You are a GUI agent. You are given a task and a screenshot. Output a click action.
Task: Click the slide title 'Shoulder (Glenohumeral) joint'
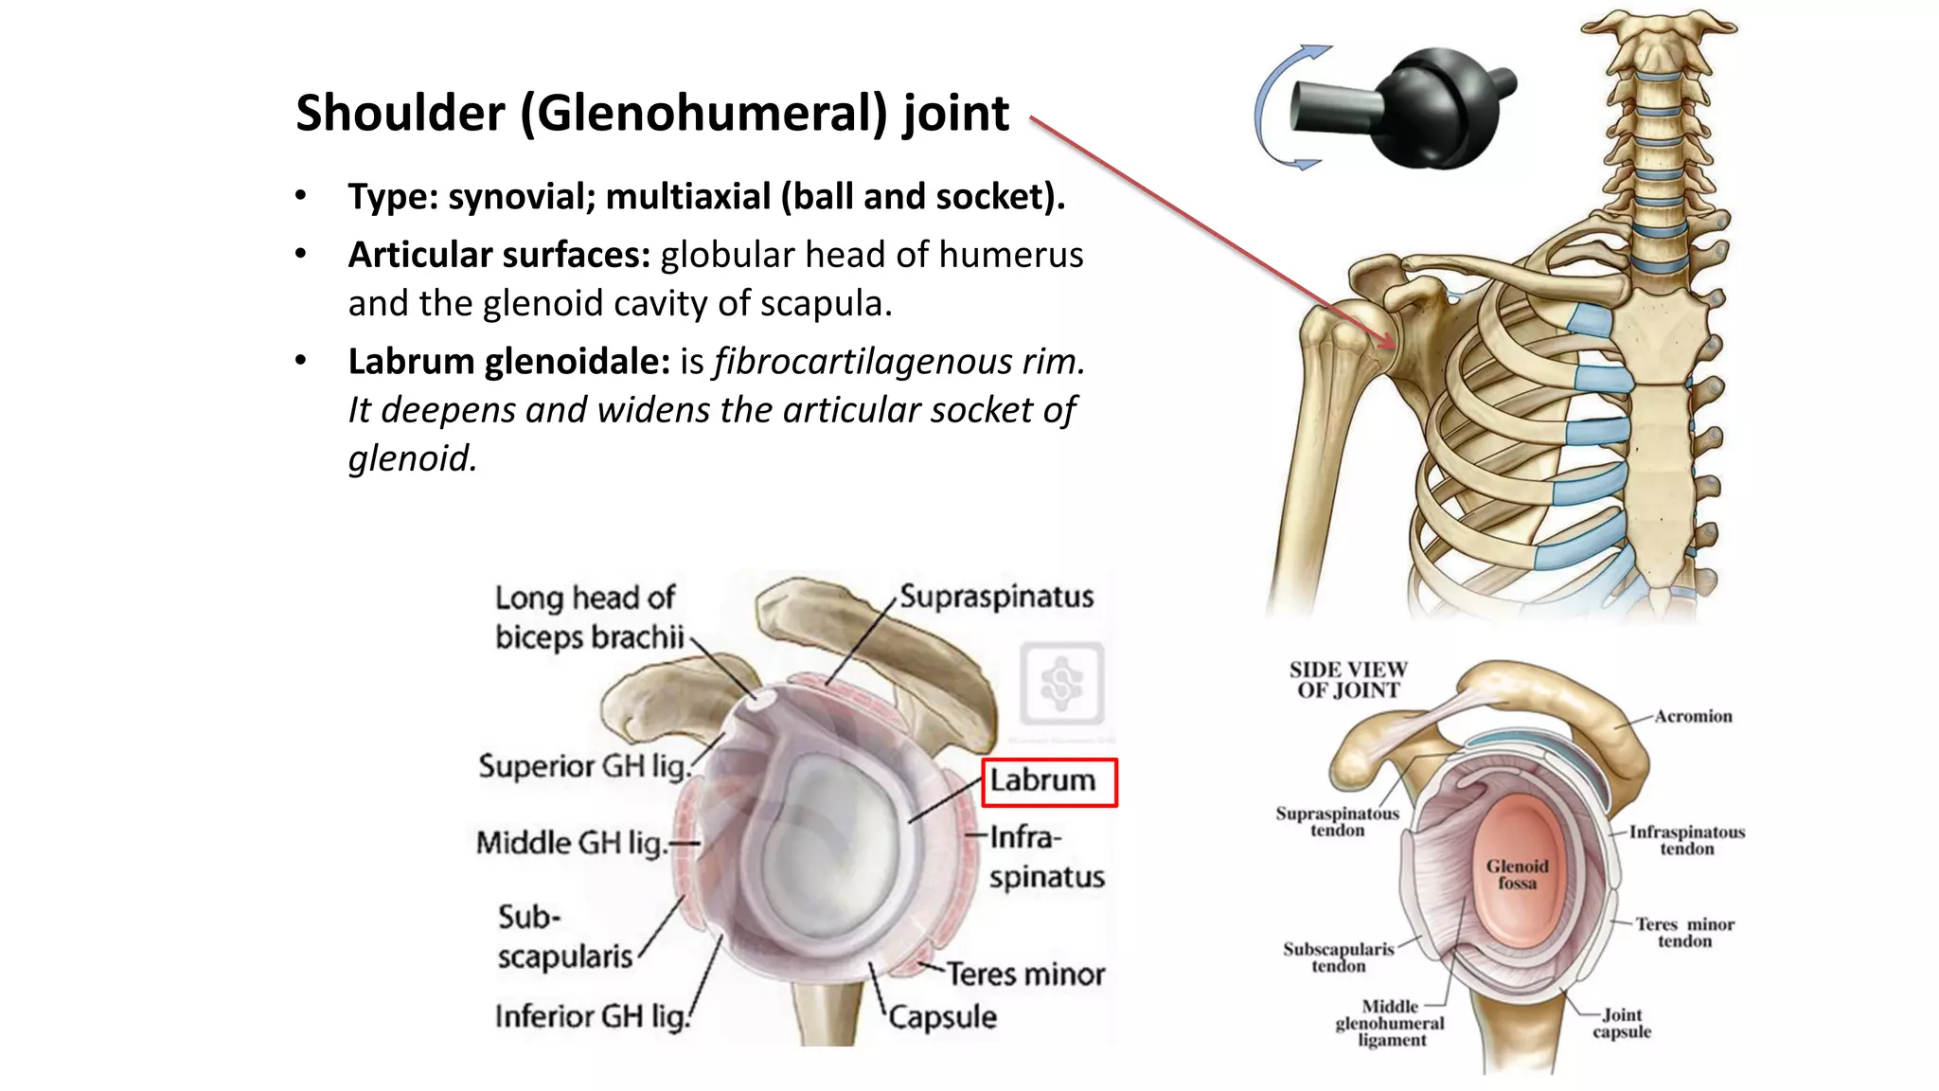click(651, 114)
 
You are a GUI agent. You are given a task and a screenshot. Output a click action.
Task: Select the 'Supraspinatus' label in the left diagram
click(996, 597)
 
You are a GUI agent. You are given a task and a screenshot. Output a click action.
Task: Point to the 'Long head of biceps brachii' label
click(588, 617)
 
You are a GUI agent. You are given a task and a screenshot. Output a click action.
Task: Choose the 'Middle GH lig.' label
click(573, 842)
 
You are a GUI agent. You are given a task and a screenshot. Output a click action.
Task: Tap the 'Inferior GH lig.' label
click(592, 1016)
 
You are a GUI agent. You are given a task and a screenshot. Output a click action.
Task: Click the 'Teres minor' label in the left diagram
click(1026, 975)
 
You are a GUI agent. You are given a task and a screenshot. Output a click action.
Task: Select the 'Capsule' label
click(943, 1017)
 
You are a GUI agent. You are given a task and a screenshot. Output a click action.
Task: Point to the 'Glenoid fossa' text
click(1517, 874)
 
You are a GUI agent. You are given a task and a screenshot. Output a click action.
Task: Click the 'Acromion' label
click(1693, 717)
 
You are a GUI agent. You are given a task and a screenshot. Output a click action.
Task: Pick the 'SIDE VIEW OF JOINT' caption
click(1348, 680)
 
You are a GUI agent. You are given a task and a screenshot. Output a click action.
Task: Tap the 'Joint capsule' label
click(1622, 1023)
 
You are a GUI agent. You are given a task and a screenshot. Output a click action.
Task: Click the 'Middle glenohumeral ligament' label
click(1390, 1023)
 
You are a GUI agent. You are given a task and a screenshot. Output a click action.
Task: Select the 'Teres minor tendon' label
click(1685, 932)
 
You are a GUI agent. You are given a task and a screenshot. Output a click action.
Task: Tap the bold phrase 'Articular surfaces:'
click(499, 255)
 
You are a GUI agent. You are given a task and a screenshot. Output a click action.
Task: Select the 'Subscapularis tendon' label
click(1339, 957)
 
